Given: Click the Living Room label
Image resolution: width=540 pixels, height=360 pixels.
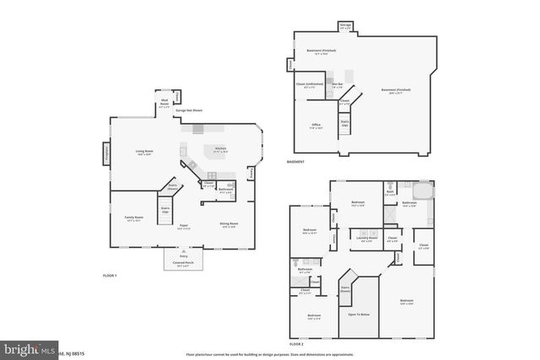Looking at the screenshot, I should (143, 153).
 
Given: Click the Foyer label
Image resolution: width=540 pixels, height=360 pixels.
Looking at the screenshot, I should (182, 227).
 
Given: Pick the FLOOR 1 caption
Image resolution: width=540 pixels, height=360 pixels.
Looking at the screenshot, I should (110, 276).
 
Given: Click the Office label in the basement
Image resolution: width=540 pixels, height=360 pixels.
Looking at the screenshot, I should (316, 126).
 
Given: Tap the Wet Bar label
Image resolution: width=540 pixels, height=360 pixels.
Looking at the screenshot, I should (337, 84).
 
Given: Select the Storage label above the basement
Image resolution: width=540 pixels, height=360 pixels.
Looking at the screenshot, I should (346, 26).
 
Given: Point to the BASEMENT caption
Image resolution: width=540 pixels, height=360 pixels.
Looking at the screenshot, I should (295, 161).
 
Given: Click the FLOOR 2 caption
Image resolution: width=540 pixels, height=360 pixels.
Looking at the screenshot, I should (296, 344).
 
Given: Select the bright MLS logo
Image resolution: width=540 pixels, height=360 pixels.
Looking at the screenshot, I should (25, 347).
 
